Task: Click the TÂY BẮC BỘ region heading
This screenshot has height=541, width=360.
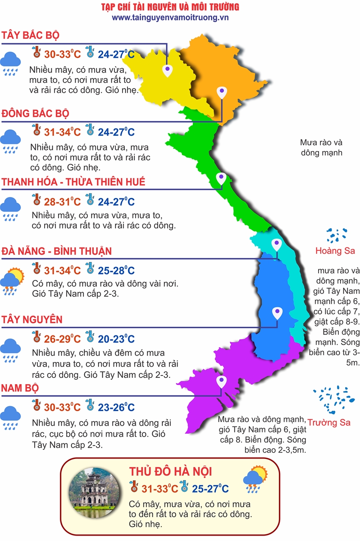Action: tap(30, 36)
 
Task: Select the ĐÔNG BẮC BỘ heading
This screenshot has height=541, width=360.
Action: tap(36, 113)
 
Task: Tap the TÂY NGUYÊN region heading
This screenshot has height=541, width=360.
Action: tap(32, 320)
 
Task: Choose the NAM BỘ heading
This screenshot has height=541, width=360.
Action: tap(20, 388)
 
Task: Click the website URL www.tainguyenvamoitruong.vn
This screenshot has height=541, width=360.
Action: tap(170, 17)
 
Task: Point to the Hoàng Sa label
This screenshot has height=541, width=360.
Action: tap(335, 251)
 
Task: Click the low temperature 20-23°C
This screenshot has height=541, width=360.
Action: tap(116, 339)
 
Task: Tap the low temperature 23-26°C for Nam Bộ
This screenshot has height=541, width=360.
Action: tap(116, 408)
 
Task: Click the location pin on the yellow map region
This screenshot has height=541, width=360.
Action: tap(168, 70)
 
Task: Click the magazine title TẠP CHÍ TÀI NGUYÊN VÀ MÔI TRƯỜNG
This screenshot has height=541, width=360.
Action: tap(170, 7)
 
